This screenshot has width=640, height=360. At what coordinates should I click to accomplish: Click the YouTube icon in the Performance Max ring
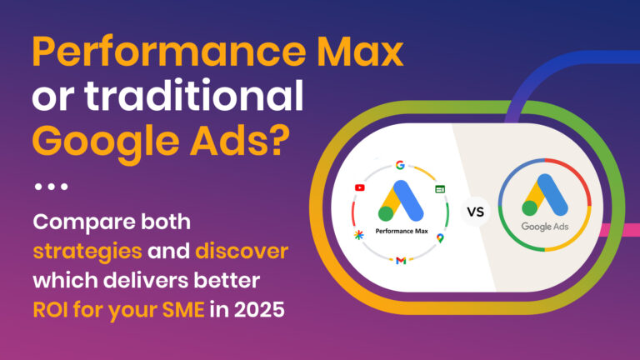[x=359, y=187]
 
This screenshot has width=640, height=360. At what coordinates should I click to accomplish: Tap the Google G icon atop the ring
[x=401, y=165]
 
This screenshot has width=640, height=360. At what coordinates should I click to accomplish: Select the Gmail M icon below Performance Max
[x=401, y=261]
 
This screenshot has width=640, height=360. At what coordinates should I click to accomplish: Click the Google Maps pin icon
[x=440, y=238]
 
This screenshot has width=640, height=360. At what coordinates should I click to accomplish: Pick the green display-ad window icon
[x=440, y=189]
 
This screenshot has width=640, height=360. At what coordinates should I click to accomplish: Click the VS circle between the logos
[x=474, y=212]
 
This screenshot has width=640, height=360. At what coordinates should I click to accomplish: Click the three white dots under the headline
[x=50, y=186]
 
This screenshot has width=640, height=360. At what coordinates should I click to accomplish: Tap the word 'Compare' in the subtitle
[x=80, y=223]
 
